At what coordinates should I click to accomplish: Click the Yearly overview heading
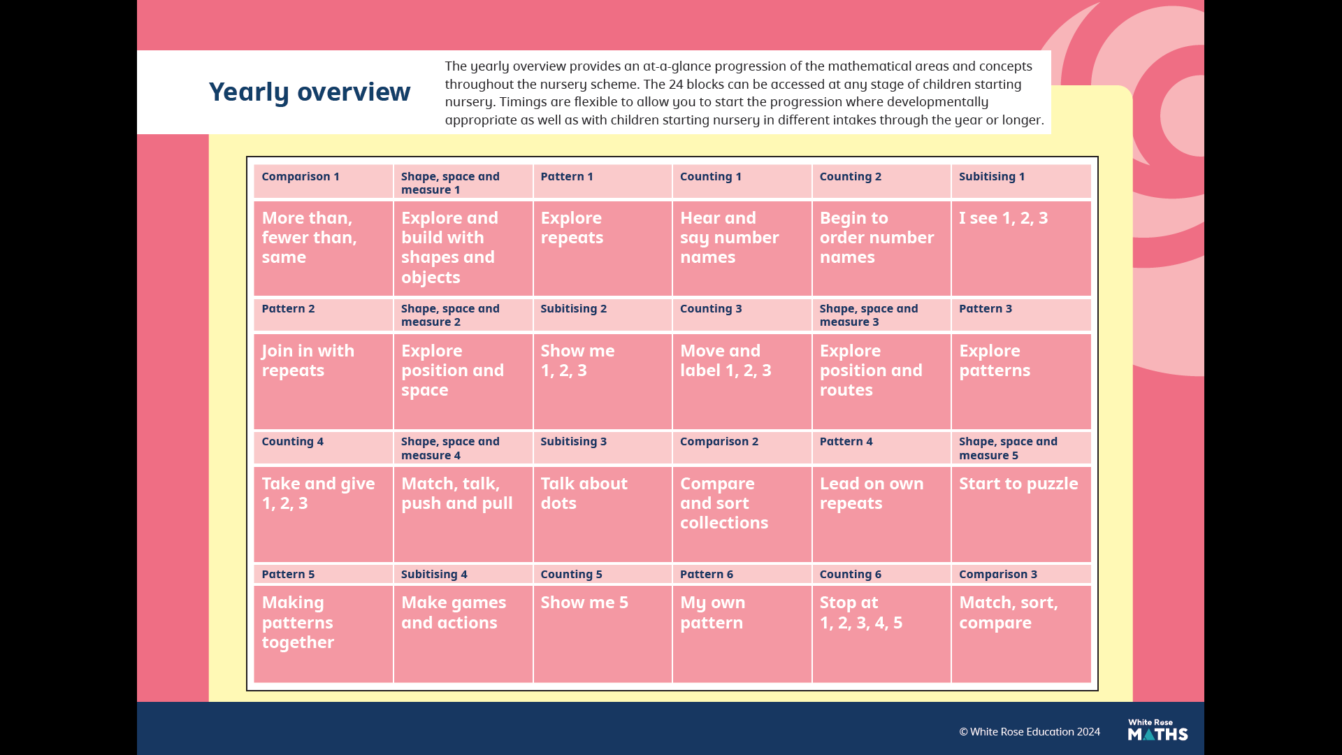click(309, 92)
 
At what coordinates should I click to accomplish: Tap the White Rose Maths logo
click(1157, 730)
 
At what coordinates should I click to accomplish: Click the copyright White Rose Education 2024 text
click(1030, 732)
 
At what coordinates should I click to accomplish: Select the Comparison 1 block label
click(301, 176)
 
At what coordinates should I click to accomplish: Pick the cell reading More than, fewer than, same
click(323, 248)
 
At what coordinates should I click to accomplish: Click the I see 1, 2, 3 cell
click(1020, 248)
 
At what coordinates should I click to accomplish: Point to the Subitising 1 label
click(992, 176)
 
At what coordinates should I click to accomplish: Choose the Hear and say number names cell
click(742, 248)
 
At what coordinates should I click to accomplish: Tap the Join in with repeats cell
click(323, 381)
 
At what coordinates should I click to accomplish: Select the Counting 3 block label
click(711, 308)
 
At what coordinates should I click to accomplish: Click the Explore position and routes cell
click(881, 381)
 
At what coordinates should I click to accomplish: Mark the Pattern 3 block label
click(986, 308)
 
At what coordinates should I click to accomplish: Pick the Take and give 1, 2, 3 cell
click(323, 514)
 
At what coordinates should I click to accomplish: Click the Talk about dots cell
click(603, 514)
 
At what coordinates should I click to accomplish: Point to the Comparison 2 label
click(719, 441)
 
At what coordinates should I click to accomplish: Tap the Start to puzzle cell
click(1020, 514)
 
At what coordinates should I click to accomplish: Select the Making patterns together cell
click(323, 633)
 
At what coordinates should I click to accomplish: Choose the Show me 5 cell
click(603, 633)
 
